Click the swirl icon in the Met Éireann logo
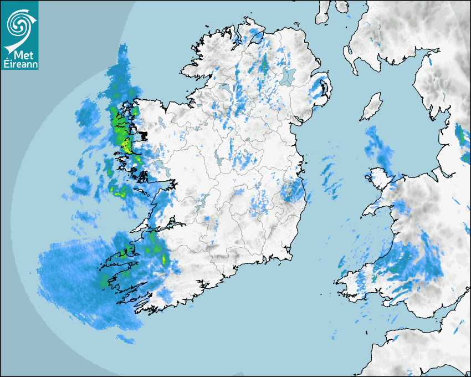19,23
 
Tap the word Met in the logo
20,55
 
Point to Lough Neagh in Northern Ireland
286,77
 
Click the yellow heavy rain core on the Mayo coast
125,145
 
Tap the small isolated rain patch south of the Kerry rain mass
125,338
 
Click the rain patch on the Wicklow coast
293,191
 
